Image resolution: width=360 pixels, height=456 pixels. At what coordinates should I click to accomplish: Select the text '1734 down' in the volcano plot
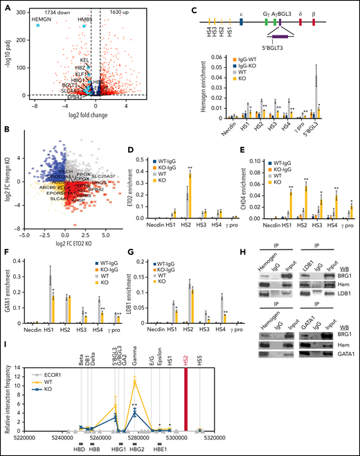tap(57, 12)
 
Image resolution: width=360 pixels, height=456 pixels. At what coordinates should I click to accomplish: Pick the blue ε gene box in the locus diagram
tap(240, 21)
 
